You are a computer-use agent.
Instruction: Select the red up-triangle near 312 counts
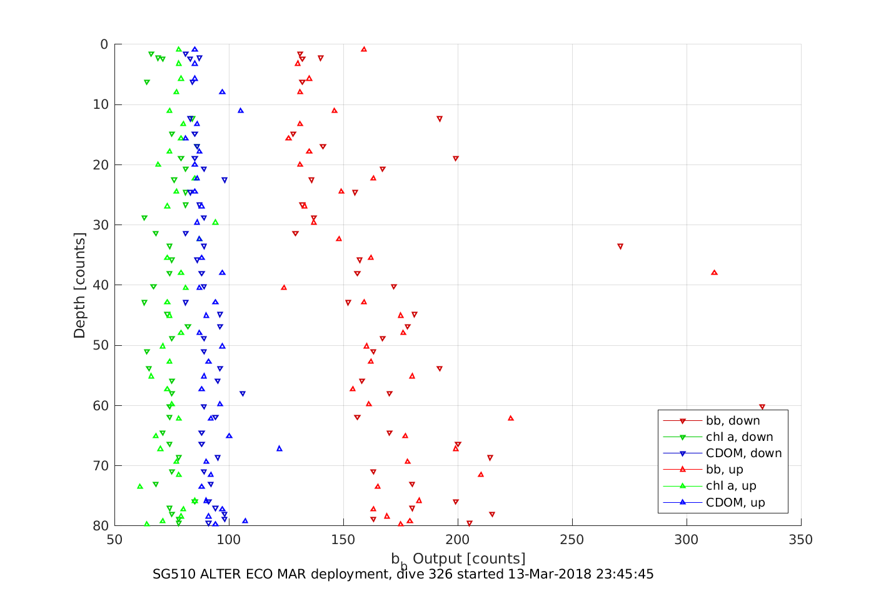pyautogui.click(x=714, y=273)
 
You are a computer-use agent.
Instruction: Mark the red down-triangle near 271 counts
pyautogui.click(x=620, y=246)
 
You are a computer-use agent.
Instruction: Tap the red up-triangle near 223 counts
pyautogui.click(x=511, y=418)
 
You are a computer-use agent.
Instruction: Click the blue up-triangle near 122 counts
pyautogui.click(x=279, y=448)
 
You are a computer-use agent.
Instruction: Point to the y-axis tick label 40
pyautogui.click(x=100, y=285)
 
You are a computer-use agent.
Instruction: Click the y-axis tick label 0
pyautogui.click(x=104, y=44)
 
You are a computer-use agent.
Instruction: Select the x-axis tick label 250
pyautogui.click(x=572, y=540)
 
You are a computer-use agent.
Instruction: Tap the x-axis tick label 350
pyautogui.click(x=801, y=540)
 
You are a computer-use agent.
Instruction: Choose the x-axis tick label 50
pyautogui.click(x=115, y=540)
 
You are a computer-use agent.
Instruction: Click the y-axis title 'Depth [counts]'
pyautogui.click(x=79, y=285)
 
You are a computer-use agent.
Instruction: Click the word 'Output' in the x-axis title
pyautogui.click(x=437, y=558)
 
